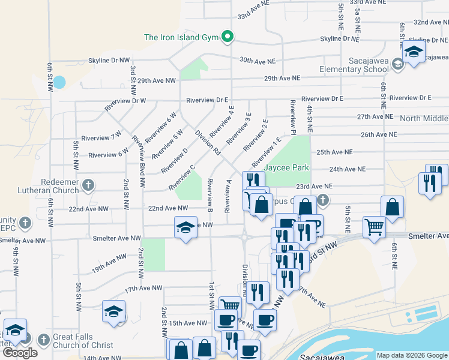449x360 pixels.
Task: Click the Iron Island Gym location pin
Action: pyautogui.click(x=227, y=37)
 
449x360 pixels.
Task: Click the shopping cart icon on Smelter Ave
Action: pyautogui.click(x=374, y=227)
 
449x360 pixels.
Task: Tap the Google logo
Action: pyautogui.click(x=20, y=353)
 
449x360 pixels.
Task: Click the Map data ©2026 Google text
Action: pyautogui.click(x=411, y=355)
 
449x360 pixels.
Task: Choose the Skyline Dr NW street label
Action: pyautogui.click(x=109, y=61)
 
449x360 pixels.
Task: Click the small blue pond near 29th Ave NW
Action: pyautogui.click(x=59, y=82)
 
